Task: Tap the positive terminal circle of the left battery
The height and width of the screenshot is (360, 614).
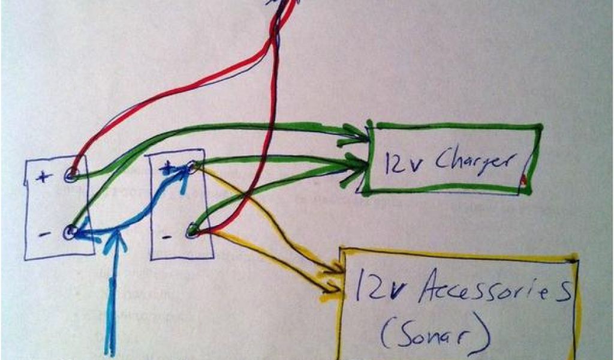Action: [x=71, y=175]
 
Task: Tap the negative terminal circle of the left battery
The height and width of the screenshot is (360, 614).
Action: [x=70, y=232]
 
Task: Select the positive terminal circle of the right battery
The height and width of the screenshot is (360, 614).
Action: [x=191, y=167]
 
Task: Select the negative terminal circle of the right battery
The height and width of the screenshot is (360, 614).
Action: [x=192, y=229]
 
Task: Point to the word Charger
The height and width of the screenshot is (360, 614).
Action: [x=475, y=161]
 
